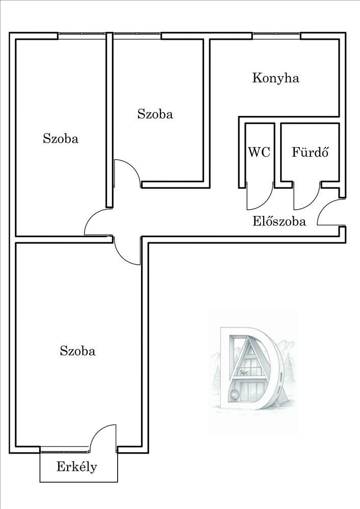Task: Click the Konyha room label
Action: (275, 78)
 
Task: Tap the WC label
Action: (259, 152)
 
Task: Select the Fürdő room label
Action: (309, 152)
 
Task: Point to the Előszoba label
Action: (280, 221)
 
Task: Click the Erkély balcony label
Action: (77, 467)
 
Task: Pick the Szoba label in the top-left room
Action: (61, 138)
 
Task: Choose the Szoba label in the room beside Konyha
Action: (155, 114)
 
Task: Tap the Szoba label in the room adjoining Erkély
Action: (77, 351)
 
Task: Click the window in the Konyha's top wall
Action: (276, 35)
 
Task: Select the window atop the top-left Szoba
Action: (81, 35)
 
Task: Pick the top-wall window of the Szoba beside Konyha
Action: (136, 35)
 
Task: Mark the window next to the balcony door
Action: (64, 449)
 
